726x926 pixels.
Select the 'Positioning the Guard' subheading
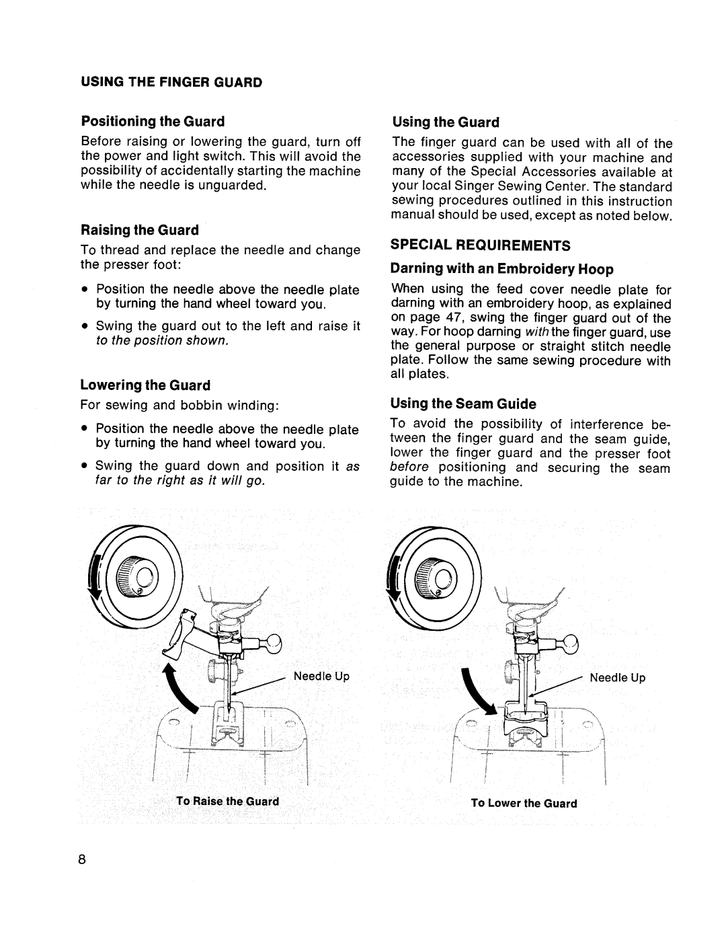click(x=153, y=122)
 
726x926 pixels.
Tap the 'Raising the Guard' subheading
click(x=140, y=230)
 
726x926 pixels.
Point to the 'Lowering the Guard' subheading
click(x=145, y=385)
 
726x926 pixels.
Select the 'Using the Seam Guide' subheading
click(x=463, y=403)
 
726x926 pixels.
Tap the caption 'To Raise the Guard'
click(x=227, y=802)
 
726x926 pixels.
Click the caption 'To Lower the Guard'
click(x=524, y=803)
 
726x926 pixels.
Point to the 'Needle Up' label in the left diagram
click(x=321, y=677)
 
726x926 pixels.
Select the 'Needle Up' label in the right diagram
click(x=617, y=678)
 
